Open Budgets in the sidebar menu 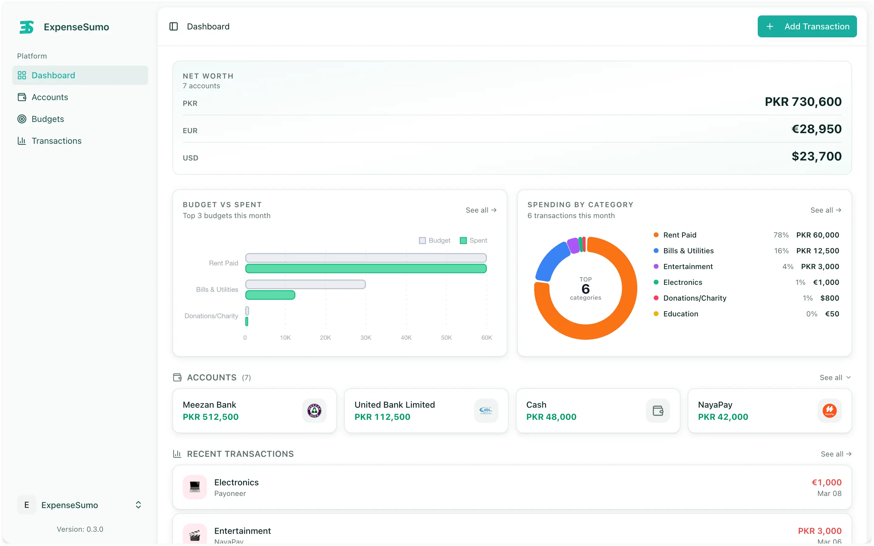[x=47, y=119]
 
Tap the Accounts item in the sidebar [x=49, y=97]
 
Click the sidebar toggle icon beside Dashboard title [x=173, y=26]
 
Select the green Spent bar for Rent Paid [x=365, y=268]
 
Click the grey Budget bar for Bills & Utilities [x=305, y=284]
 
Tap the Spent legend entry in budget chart [x=473, y=241]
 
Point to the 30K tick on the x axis [x=365, y=338]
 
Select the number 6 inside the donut [x=585, y=289]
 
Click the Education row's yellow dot [x=656, y=314]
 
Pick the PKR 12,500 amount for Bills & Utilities [x=817, y=251]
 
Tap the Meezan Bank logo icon [x=314, y=411]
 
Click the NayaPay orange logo [x=829, y=411]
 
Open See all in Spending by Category [x=825, y=210]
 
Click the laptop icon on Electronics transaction [x=195, y=487]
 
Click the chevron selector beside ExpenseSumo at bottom [x=138, y=505]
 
